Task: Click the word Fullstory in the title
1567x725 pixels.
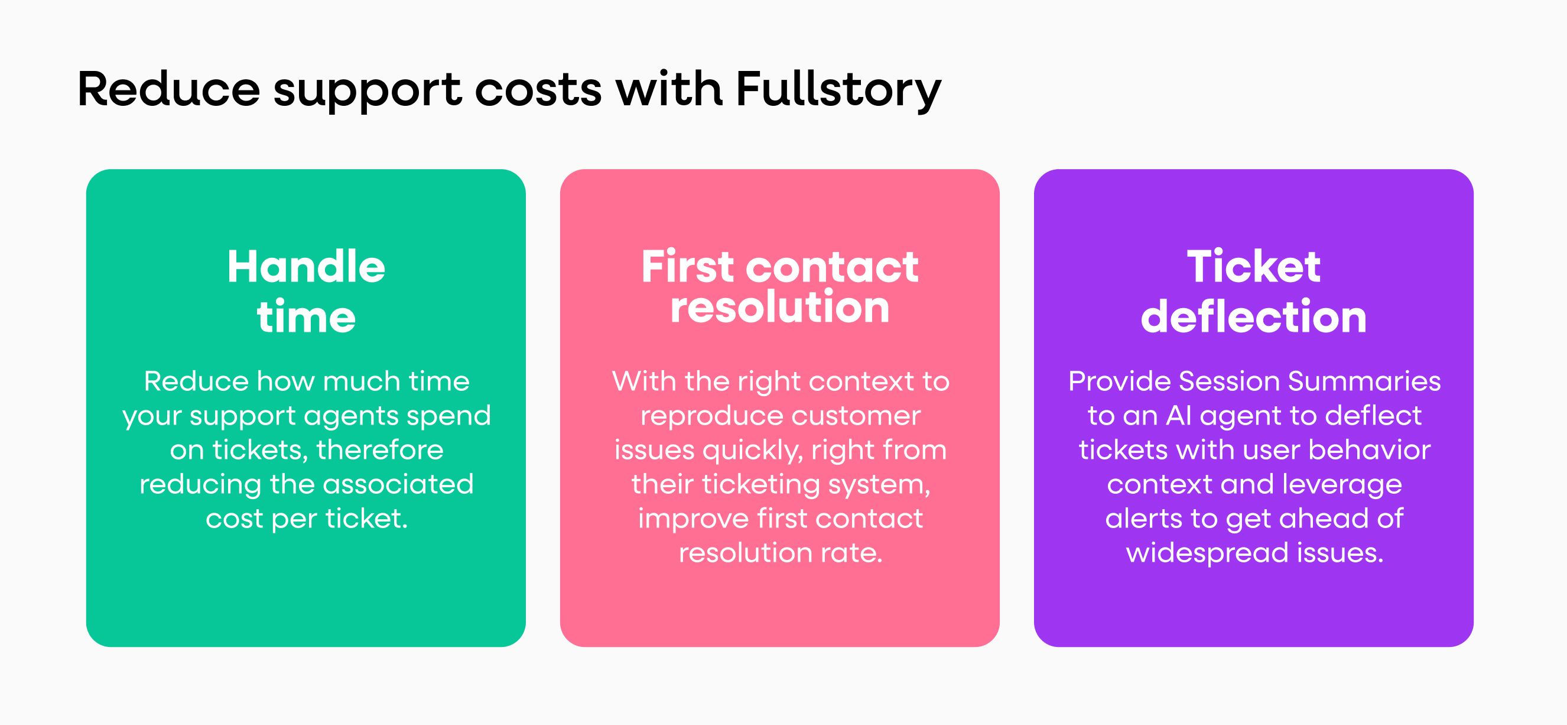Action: (838, 90)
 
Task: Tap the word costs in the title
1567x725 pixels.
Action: (538, 90)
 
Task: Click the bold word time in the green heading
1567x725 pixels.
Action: (306, 317)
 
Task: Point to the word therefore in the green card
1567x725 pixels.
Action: (379, 450)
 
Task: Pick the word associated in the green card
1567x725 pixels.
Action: (398, 484)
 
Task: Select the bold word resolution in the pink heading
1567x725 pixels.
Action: (779, 307)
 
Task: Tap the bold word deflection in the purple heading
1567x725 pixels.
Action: (1253, 317)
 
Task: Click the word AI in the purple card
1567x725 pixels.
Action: (1178, 416)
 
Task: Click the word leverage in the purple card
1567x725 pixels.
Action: (1342, 484)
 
